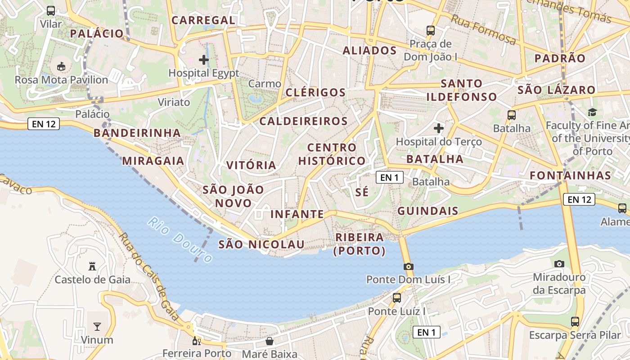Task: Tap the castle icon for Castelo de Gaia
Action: [x=92, y=266]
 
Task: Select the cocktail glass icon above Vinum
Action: [x=97, y=326]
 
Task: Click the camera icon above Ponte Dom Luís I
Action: [x=409, y=266]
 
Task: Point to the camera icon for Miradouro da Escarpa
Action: [x=559, y=264]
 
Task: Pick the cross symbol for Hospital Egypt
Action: [x=204, y=59]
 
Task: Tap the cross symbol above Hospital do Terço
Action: [x=439, y=128]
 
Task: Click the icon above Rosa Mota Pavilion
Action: [x=61, y=67]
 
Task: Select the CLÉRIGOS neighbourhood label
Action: [x=316, y=93]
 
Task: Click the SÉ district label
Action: [x=362, y=193]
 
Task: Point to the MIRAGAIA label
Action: [x=153, y=161]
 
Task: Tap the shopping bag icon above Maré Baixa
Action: [x=270, y=341]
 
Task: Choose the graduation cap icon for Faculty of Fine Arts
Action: [x=592, y=112]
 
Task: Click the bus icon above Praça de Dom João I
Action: [x=431, y=31]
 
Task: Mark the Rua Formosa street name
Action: [x=483, y=29]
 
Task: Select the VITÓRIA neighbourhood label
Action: [x=251, y=165]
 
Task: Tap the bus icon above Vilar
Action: [x=51, y=11]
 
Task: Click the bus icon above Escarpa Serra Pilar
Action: [x=575, y=322]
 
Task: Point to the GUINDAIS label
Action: [x=428, y=211]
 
